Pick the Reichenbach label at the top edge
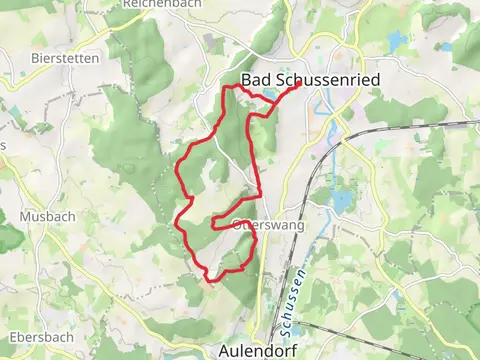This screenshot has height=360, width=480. (x=147, y=4)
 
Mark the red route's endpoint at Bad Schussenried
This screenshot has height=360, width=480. (x=298, y=85)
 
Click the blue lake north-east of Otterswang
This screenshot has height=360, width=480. (x=341, y=199)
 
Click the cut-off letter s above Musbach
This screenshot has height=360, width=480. (x=3, y=146)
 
